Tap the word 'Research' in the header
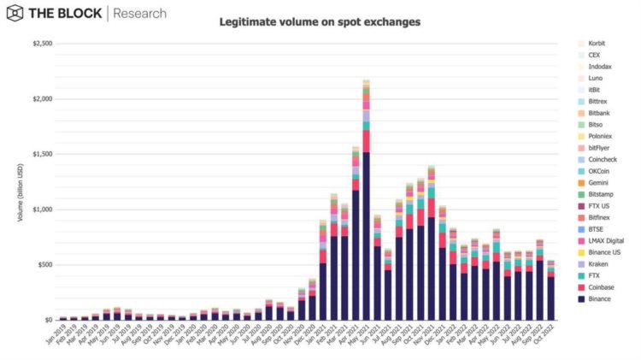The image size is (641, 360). point(139,14)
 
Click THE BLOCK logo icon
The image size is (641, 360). point(15,14)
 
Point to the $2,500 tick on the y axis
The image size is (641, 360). point(40,44)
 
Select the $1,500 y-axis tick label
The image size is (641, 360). point(40,154)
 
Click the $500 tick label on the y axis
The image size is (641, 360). point(43,265)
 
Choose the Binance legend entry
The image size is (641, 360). point(599,299)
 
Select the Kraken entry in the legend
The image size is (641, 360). point(599,264)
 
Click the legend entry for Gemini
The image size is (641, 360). point(599,182)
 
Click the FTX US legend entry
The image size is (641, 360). point(599,206)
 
